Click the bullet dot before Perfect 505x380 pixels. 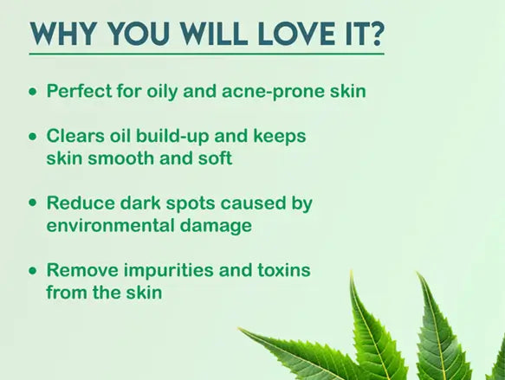pyautogui.click(x=33, y=90)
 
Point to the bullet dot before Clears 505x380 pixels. pyautogui.click(x=33, y=137)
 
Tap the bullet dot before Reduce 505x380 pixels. pyautogui.click(x=33, y=203)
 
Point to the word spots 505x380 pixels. pyautogui.click(x=185, y=203)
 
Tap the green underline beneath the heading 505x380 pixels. pyautogui.click(x=208, y=55)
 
